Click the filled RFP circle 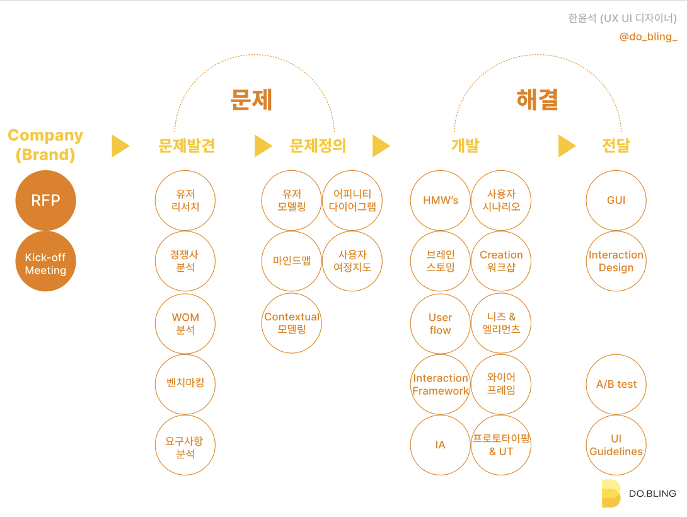tap(46, 200)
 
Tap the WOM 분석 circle tap(185, 323)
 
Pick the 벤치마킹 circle tap(185, 384)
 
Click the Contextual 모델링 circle tap(292, 323)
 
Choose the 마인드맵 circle tap(292, 261)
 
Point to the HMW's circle tap(441, 200)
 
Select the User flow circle tap(441, 323)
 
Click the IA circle tap(441, 445)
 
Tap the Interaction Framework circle tap(441, 384)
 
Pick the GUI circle tap(616, 200)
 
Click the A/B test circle tap(616, 384)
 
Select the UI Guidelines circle tap(616, 445)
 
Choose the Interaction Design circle tap(616, 261)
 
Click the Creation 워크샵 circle tap(502, 261)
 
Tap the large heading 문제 tap(251, 100)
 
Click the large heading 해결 tap(538, 100)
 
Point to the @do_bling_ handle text tap(648, 37)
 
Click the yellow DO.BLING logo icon tap(610, 493)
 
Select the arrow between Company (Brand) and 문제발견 tap(120, 146)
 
